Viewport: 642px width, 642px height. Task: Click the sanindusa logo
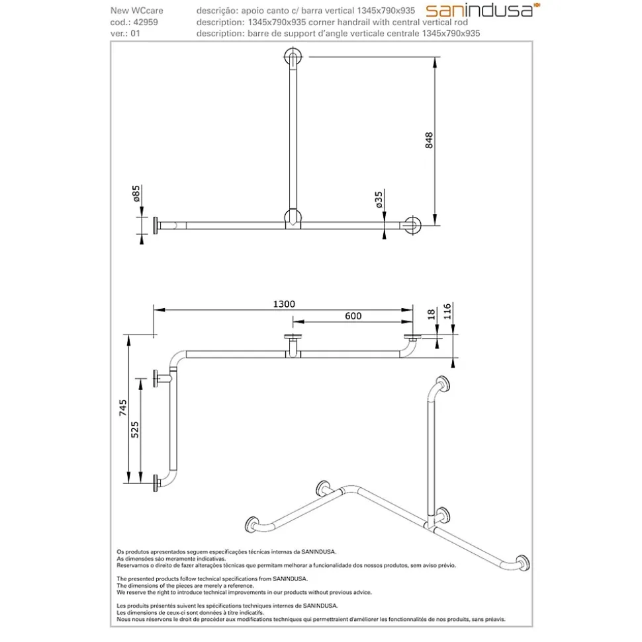482,10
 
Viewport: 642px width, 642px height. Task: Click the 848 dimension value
429,140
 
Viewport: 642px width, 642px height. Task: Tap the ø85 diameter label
136,193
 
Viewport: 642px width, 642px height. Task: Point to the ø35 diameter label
379,199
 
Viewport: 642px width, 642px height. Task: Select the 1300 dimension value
284,303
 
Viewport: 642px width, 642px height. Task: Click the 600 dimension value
353,315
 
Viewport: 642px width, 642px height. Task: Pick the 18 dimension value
431,315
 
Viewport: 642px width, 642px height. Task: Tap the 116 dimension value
447,311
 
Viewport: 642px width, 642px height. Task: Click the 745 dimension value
123,408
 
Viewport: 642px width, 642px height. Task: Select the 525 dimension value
135,430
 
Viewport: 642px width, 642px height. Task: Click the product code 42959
146,22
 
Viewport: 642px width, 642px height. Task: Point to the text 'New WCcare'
136,11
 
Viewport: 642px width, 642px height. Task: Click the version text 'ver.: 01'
125,34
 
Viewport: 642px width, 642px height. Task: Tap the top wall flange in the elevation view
293,56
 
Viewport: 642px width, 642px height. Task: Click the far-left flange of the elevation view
156,225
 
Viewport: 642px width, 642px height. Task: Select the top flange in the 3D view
442,385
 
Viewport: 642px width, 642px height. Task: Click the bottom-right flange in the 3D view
523,563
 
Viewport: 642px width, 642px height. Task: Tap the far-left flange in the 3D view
252,525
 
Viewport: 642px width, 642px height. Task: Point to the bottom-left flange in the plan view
156,483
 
